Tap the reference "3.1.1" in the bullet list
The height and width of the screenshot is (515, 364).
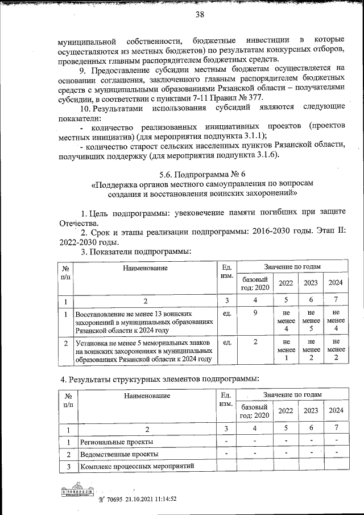pyautogui.click(x=253, y=136)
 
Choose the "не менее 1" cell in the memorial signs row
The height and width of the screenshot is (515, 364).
pyautogui.click(x=286, y=350)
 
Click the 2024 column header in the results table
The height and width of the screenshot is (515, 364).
pyautogui.click(x=336, y=410)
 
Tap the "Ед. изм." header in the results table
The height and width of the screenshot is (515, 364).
pyautogui.click(x=226, y=398)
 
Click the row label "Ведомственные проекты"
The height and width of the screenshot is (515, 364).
pyautogui.click(x=119, y=454)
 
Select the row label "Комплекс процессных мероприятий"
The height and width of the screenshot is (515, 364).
pyautogui.click(x=138, y=466)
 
